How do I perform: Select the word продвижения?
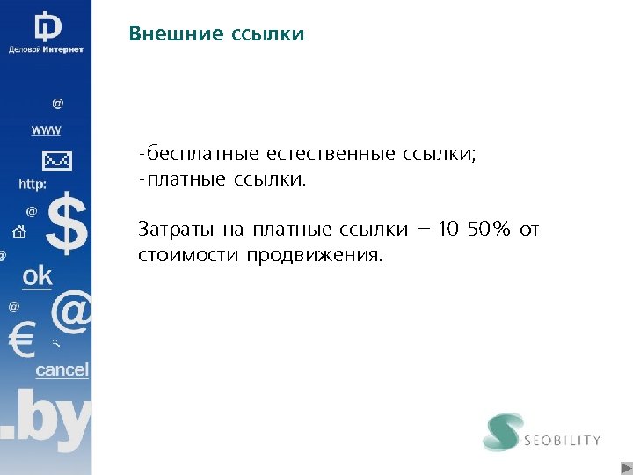coord(315,256)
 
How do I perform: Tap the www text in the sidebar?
coord(47,130)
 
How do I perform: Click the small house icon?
coord(18,233)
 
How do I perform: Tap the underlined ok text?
coord(38,276)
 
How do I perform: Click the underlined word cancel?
coord(62,370)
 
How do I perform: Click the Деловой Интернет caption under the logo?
coord(46,49)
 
